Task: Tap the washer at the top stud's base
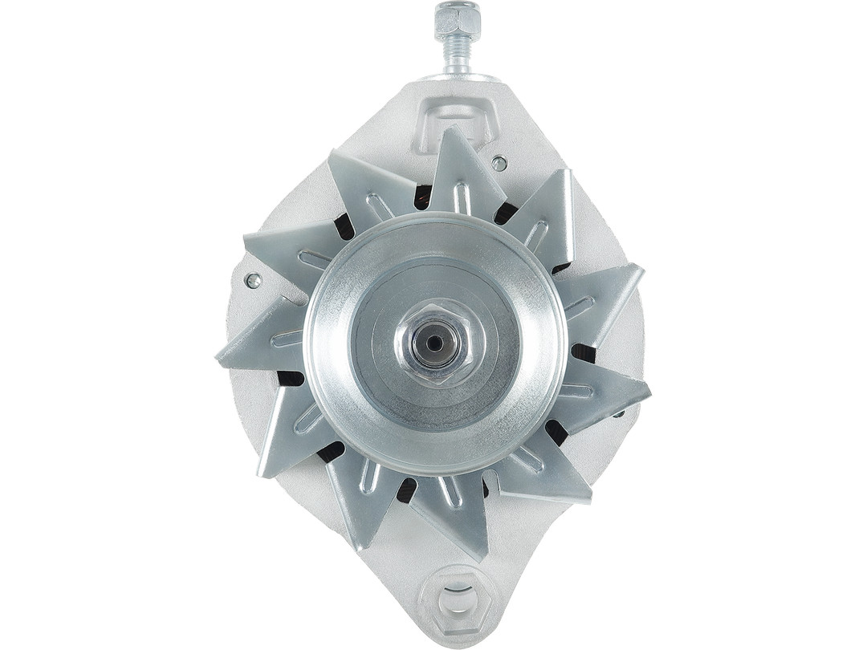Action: pos(457,77)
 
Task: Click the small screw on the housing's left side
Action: pos(254,279)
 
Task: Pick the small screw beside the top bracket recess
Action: pos(499,163)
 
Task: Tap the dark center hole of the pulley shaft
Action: pos(434,343)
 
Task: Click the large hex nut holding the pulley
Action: pos(434,343)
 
